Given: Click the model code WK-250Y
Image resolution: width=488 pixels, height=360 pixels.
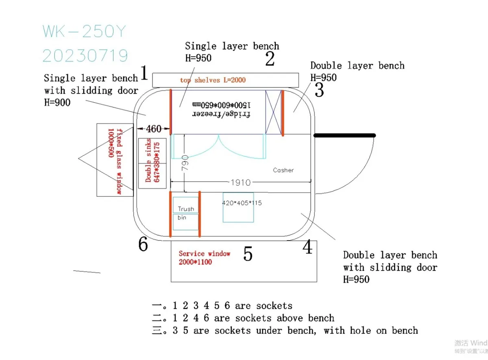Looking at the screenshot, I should [x=85, y=31].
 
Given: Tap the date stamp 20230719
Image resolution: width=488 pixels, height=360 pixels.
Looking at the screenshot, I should [x=85, y=56].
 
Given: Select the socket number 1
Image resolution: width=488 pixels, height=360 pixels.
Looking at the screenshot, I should [x=144, y=73].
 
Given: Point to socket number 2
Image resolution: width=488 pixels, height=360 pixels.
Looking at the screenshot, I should [x=270, y=59].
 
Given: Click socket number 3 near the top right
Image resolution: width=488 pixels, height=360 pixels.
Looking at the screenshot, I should [x=320, y=90].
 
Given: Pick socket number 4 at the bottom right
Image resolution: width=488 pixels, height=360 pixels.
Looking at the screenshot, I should [x=308, y=247].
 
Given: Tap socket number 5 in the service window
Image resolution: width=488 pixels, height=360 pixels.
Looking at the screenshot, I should [x=248, y=254].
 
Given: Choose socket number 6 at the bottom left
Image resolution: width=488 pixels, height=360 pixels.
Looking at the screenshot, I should [x=143, y=244].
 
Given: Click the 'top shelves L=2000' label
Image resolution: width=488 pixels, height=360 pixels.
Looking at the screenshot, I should [x=213, y=80].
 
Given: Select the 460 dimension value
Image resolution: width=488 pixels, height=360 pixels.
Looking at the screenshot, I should [x=153, y=129].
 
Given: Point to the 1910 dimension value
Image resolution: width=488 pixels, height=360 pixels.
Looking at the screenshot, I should [x=240, y=182].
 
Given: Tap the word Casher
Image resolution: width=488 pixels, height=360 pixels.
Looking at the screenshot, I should [x=283, y=170].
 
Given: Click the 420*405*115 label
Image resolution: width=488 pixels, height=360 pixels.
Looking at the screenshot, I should [x=242, y=203].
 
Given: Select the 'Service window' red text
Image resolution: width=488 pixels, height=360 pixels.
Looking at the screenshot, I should [x=204, y=254].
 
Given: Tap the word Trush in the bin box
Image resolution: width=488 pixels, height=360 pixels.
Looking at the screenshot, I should [x=186, y=209].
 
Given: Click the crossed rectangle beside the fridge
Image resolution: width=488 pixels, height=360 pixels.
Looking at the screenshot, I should [x=273, y=112].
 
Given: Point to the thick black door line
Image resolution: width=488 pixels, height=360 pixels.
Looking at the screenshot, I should [x=344, y=135].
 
